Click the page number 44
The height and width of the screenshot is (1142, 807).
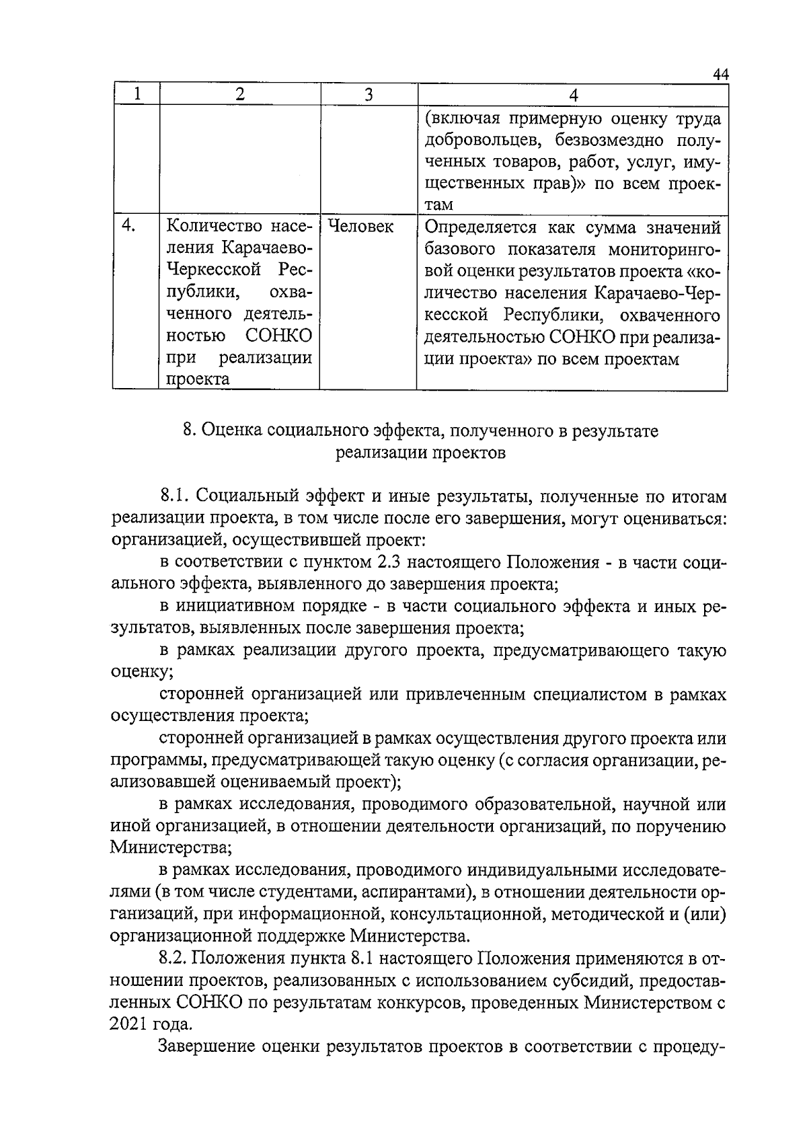point(720,74)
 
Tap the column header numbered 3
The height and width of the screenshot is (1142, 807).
point(368,95)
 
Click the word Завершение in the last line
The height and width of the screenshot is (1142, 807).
point(208,1046)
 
